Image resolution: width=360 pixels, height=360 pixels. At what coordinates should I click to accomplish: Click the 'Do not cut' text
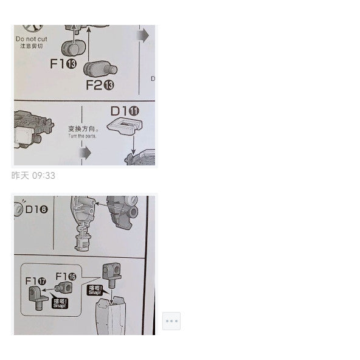click(x=30, y=39)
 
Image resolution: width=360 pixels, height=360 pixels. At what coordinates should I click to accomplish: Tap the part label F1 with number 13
click(x=63, y=64)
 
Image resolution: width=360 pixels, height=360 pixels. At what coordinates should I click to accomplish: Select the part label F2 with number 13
click(x=100, y=85)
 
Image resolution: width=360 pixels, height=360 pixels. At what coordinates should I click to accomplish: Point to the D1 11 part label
click(x=125, y=111)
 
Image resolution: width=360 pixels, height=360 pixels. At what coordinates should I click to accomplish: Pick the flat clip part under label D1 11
click(x=128, y=127)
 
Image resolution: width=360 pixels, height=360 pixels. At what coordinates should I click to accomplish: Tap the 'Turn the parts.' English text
click(x=82, y=136)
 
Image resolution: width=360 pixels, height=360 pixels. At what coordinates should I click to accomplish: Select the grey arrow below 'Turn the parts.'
click(x=85, y=153)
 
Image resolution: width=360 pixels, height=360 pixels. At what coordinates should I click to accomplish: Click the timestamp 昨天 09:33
click(x=33, y=176)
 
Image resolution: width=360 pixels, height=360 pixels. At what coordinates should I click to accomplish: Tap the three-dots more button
click(x=171, y=320)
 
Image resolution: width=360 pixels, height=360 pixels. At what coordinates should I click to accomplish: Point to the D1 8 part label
click(x=36, y=209)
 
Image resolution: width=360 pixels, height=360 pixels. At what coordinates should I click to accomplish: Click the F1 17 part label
click(x=36, y=281)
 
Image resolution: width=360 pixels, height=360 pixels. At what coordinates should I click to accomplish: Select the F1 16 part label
click(x=66, y=277)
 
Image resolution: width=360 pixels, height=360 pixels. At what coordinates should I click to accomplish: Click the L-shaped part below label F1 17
click(x=37, y=298)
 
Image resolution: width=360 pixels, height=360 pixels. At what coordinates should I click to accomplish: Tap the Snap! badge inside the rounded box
click(x=60, y=302)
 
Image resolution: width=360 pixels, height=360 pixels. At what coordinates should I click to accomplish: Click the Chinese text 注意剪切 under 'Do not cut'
click(x=30, y=46)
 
